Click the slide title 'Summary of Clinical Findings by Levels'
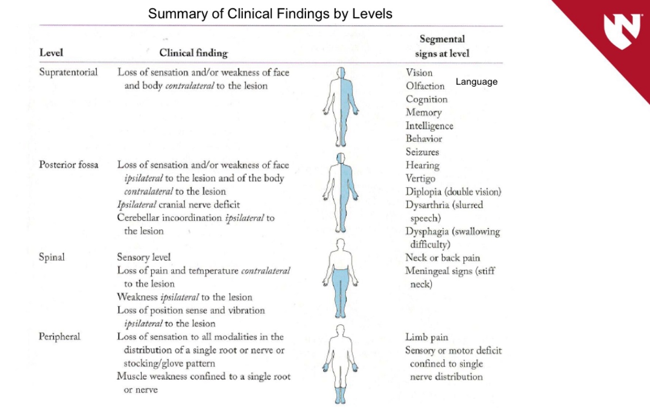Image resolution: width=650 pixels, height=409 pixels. (270, 14)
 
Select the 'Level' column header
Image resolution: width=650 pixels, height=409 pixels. (51, 53)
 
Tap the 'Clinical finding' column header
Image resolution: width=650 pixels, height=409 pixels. (193, 53)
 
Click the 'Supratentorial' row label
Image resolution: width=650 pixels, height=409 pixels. (68, 73)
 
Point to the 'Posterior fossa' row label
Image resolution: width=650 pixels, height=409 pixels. (69, 165)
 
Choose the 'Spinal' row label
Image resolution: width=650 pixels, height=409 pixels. (52, 257)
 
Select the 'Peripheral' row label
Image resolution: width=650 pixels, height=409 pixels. (59, 336)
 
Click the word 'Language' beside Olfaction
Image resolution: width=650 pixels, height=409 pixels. (477, 82)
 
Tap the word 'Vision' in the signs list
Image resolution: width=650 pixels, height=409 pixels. (419, 73)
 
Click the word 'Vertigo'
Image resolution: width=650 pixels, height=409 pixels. (421, 178)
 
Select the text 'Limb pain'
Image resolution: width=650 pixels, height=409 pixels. (426, 337)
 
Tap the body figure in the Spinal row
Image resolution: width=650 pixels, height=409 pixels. (341, 278)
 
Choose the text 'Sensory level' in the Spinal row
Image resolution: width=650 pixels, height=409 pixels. (144, 257)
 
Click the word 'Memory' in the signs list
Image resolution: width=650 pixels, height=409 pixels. (423, 113)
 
